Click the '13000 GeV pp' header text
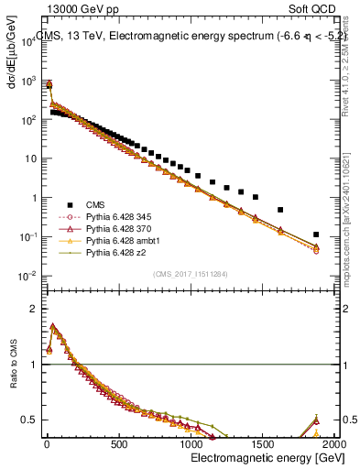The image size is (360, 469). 77,8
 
